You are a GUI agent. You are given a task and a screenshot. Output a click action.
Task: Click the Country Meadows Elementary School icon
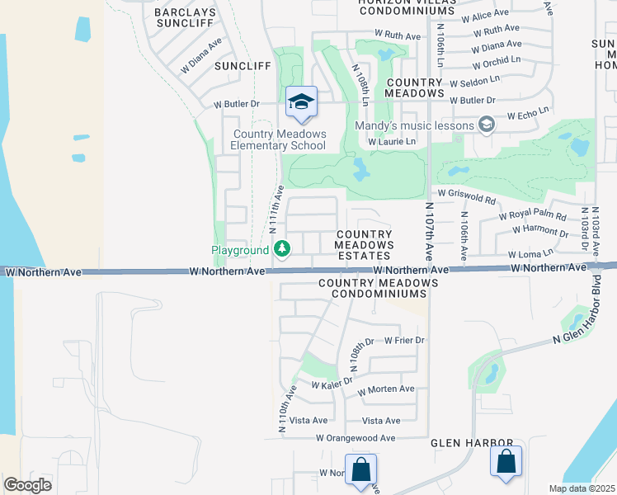[301, 101]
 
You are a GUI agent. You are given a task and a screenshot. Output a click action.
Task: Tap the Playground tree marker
[282, 248]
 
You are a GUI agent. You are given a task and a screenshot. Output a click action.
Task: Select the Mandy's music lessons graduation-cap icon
[487, 125]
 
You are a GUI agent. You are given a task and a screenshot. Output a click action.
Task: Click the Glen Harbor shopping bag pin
[506, 462]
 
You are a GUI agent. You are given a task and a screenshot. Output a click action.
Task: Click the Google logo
[27, 485]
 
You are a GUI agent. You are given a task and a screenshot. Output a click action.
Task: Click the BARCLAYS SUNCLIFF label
[186, 19]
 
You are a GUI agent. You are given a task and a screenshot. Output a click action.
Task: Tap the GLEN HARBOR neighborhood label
[473, 443]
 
